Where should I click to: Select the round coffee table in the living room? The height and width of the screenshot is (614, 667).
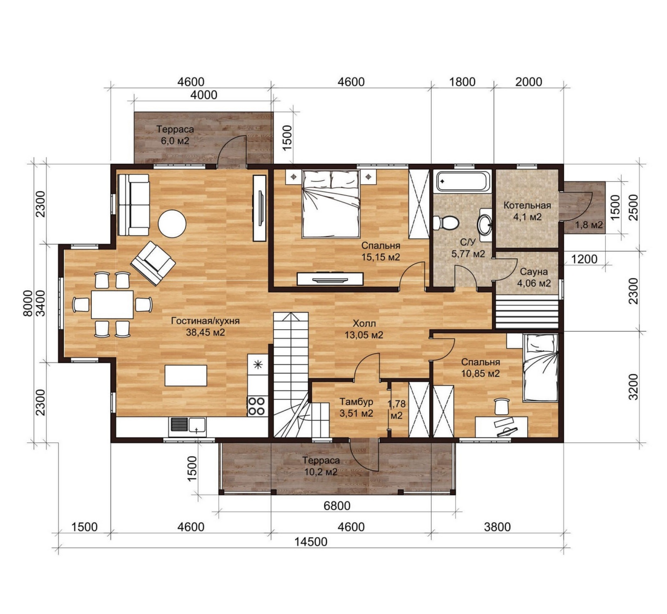click(x=172, y=223)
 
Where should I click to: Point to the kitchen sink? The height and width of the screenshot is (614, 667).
click(x=188, y=426)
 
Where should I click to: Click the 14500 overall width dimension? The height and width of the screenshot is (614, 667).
click(x=311, y=541)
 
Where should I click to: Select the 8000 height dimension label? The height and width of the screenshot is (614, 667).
click(x=28, y=303)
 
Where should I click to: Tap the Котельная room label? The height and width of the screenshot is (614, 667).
click(x=527, y=205)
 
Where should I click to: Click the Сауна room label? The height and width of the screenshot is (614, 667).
click(x=534, y=272)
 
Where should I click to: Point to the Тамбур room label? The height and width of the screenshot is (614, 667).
click(x=356, y=402)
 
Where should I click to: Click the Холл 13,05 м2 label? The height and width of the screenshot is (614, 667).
click(x=364, y=329)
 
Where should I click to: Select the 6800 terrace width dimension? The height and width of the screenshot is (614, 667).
click(x=337, y=506)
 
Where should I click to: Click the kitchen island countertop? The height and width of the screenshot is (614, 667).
click(x=186, y=376)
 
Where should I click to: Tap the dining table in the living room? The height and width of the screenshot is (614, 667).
click(x=112, y=305)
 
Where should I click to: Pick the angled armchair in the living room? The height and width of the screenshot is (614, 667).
click(x=153, y=263)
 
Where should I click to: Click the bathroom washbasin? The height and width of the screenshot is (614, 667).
click(x=485, y=225)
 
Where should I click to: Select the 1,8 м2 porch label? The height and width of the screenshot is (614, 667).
click(x=589, y=225)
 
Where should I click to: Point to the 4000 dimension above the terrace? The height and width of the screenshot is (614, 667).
click(x=204, y=95)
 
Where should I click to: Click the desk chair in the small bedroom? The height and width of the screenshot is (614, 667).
click(x=502, y=406)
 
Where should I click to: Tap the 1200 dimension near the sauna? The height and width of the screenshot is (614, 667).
click(x=584, y=259)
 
